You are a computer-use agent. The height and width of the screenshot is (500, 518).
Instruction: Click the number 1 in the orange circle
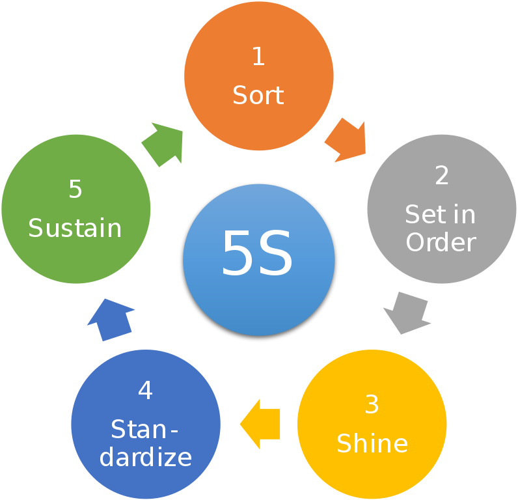coord(258,57)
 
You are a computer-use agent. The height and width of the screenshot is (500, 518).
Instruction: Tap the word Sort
coord(258,96)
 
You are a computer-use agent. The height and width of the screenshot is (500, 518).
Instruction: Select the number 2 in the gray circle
coord(442,175)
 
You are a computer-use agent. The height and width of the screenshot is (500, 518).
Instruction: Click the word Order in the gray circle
coord(441,243)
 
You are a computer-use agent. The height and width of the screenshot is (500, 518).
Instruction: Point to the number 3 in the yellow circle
coord(372,405)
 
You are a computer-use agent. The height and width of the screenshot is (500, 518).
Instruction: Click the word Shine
coord(372,444)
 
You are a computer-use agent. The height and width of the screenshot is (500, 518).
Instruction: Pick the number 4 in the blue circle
coord(145,391)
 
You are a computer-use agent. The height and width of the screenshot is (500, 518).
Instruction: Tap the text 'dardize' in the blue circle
coord(146,457)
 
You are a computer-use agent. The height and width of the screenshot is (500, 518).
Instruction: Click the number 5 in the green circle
coord(75,189)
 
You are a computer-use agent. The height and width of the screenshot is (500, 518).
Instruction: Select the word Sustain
coord(75,229)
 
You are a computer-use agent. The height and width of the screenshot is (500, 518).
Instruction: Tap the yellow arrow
coord(261,424)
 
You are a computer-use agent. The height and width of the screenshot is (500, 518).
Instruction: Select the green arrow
coord(163,143)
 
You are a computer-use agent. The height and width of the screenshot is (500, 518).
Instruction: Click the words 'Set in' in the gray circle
coord(441,214)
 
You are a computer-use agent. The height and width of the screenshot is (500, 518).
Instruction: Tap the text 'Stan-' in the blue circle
coord(144,430)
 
